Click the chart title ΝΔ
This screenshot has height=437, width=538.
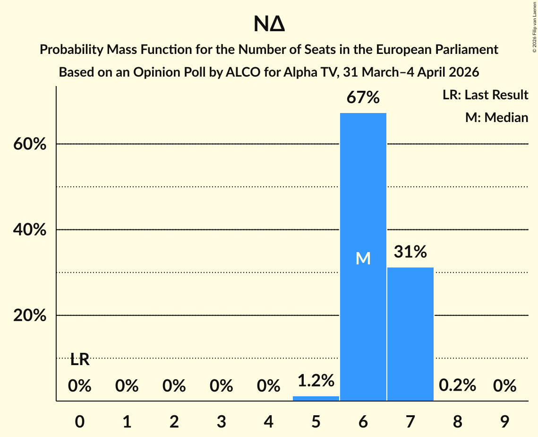tap(269, 24)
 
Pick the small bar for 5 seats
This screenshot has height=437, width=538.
tap(316, 398)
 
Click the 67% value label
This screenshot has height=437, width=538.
tap(363, 98)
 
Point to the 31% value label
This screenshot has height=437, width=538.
tap(410, 252)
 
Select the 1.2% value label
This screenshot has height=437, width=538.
tap(316, 380)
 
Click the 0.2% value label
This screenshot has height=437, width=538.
tap(457, 386)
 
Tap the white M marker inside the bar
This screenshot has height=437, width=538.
tap(363, 258)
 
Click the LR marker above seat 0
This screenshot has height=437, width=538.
tap(80, 360)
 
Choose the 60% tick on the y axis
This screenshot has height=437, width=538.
tap(30, 144)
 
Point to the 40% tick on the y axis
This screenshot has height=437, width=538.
tap(30, 230)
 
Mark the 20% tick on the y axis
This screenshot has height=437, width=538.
tap(30, 315)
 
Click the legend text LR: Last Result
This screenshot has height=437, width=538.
tap(485, 95)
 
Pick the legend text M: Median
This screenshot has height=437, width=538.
tap(496, 117)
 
